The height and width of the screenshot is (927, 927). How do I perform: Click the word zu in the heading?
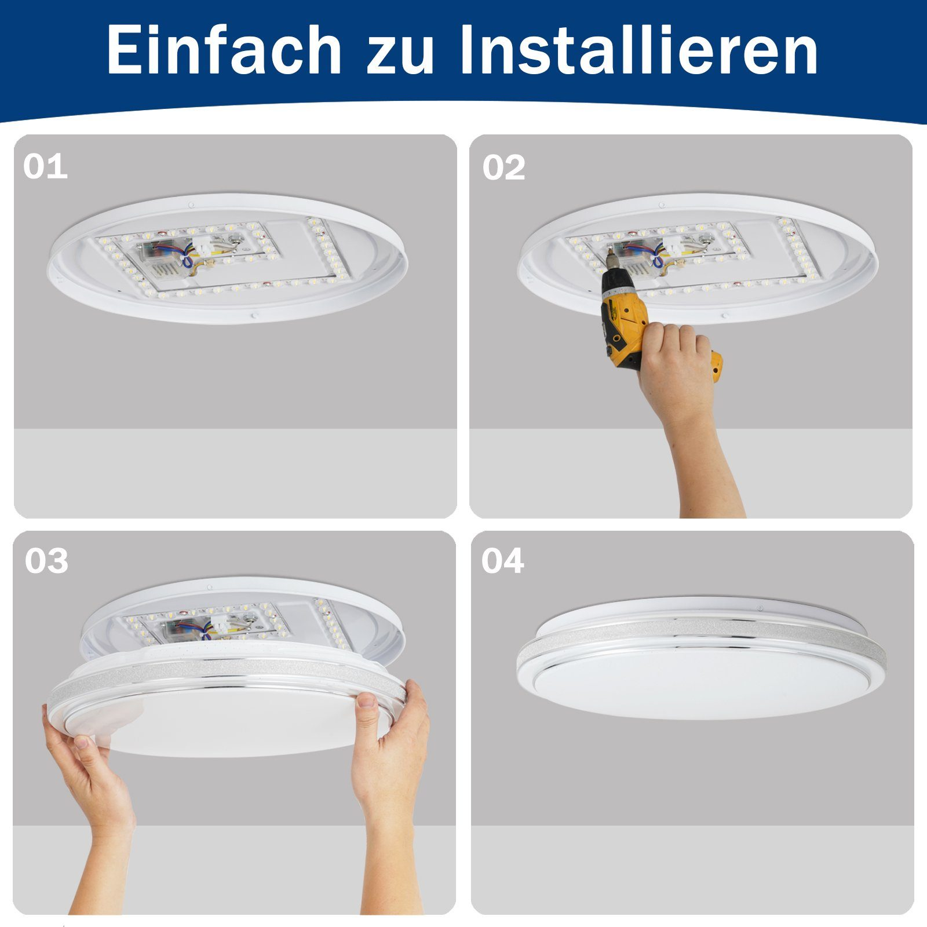click(400, 51)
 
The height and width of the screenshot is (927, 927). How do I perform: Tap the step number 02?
click(503, 167)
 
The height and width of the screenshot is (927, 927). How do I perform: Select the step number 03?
click(46, 561)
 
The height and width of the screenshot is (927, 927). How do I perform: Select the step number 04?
click(502, 561)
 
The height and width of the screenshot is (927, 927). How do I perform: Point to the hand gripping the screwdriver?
click(678, 365)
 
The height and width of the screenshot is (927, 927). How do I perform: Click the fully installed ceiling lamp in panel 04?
click(701, 660)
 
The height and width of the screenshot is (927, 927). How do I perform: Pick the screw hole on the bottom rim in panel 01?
click(254, 316)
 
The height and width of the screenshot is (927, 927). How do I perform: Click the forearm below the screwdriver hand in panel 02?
click(704, 463)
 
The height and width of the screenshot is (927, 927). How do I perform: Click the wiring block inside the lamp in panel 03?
click(191, 627)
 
